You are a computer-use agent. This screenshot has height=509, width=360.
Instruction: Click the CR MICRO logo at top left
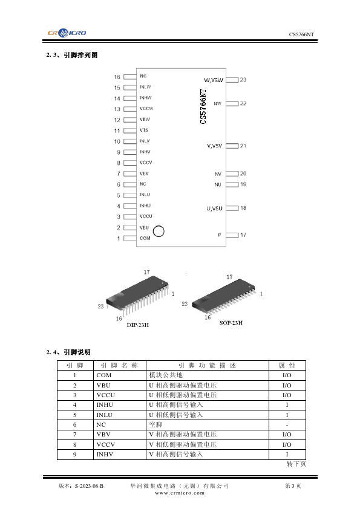(67, 33)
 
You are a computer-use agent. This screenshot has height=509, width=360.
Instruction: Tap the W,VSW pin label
(214, 80)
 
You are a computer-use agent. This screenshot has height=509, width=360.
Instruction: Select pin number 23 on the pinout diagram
(243, 80)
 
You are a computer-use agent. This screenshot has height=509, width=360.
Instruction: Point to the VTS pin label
(144, 130)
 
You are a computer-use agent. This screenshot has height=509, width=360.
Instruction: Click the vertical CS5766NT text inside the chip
(203, 106)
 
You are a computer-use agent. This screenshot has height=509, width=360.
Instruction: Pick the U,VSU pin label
(214, 209)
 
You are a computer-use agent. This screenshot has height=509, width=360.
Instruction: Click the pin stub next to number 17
(232, 235)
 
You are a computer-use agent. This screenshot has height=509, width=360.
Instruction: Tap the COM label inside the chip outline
(145, 238)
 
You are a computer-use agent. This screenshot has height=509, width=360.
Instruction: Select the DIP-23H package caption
(138, 325)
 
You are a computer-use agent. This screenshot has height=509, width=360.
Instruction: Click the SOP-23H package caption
(231, 323)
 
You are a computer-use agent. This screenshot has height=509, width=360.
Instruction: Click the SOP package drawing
(223, 296)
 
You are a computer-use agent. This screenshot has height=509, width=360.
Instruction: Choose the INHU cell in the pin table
(105, 405)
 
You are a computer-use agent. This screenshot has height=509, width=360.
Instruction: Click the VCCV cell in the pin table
(106, 444)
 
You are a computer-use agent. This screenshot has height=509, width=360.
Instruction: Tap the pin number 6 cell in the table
(75, 424)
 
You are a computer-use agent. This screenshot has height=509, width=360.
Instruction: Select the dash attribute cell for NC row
(287, 425)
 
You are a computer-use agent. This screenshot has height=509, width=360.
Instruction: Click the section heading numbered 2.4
(68, 352)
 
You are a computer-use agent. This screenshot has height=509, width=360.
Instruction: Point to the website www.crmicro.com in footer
(180, 493)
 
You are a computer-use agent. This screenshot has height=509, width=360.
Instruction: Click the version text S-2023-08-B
(89, 486)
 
